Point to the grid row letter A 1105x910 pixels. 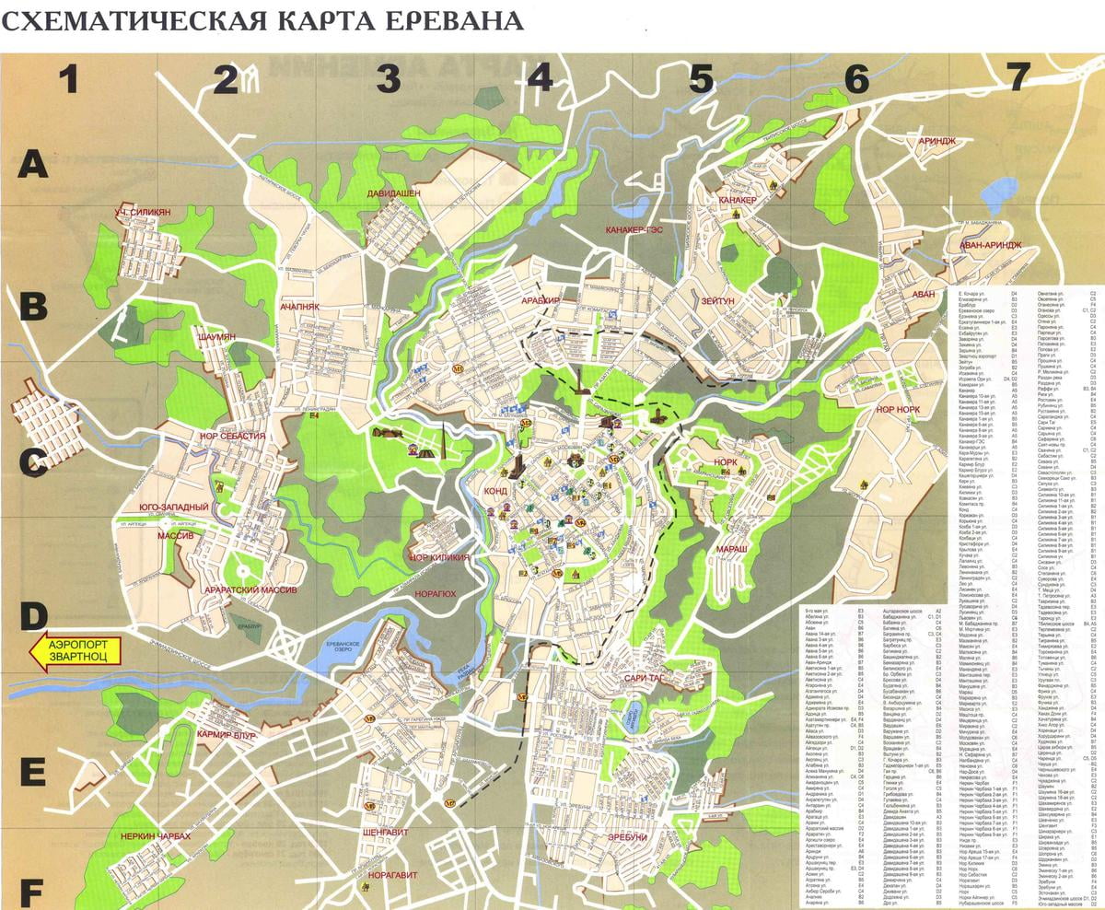[x=34, y=165]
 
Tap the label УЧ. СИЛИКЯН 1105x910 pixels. [x=143, y=213]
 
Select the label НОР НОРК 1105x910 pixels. [x=901, y=408]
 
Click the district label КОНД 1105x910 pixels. [x=494, y=492]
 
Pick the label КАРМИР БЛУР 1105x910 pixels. [x=226, y=735]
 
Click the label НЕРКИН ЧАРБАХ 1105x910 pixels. [x=155, y=835]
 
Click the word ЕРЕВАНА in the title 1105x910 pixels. [x=449, y=19]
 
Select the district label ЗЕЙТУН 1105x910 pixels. [x=718, y=300]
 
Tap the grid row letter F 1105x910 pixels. [x=32, y=892]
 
